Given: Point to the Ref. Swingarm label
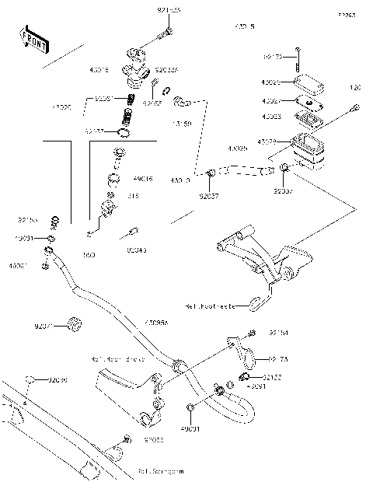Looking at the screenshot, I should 161,470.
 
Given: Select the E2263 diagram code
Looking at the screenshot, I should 346,15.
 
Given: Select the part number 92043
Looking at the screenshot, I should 137,250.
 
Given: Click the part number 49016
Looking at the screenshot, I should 144,179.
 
